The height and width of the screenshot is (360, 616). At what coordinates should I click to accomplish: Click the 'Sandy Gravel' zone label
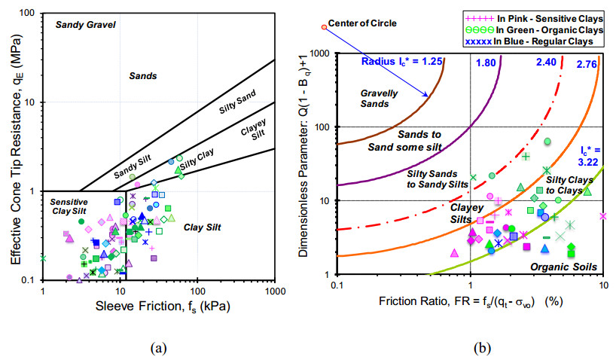[86, 26]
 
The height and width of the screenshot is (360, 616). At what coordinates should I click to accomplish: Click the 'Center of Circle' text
[363, 23]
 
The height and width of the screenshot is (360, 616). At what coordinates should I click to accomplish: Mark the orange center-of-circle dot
[324, 27]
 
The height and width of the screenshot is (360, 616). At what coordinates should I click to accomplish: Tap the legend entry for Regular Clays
[541, 41]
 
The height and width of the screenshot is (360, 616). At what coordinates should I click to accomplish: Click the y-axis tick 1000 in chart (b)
[320, 53]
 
